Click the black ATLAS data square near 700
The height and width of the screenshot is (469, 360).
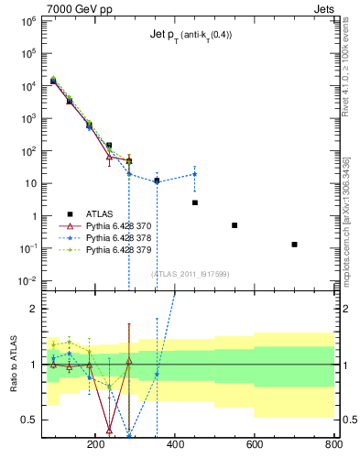pyautogui.click(x=294, y=245)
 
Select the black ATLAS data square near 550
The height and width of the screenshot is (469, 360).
pyautogui.click(x=235, y=225)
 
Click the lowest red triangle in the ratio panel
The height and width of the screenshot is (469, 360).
pyautogui.click(x=109, y=429)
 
